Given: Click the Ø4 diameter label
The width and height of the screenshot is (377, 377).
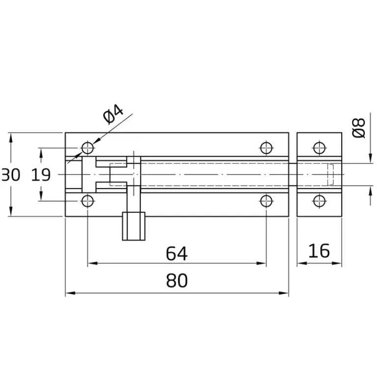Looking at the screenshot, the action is click(x=113, y=114).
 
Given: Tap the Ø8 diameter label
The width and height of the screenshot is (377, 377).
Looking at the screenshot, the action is click(x=359, y=128).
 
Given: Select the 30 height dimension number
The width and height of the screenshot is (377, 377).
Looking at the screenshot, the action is click(x=11, y=175).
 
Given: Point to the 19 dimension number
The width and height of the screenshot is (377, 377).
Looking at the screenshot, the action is click(x=41, y=175).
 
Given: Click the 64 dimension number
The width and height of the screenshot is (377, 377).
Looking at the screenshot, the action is click(x=177, y=253).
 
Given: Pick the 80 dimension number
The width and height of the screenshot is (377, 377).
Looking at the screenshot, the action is click(x=177, y=281).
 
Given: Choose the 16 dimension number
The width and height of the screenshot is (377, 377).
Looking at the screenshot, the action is click(x=319, y=251).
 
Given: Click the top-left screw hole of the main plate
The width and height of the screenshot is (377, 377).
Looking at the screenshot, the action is click(x=87, y=148).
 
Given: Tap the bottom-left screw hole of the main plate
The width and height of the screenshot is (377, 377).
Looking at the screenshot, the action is click(x=87, y=201).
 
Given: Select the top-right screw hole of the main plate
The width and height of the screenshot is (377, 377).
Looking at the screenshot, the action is click(x=266, y=148).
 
